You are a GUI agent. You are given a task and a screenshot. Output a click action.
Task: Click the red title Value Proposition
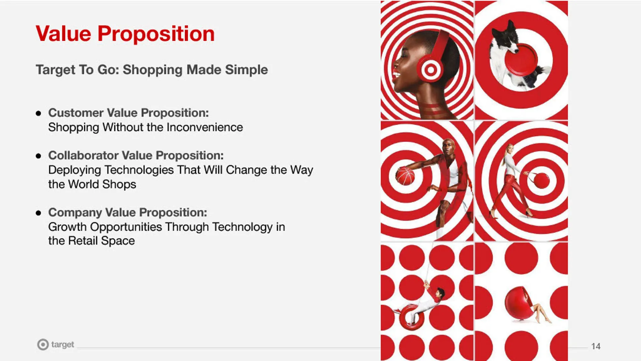(125, 34)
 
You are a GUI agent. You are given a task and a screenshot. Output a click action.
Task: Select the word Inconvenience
(205, 127)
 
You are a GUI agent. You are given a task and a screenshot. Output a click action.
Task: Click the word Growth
(67, 227)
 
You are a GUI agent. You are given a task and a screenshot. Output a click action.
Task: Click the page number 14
(596, 346)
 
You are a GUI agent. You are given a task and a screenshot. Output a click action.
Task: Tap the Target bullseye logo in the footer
(43, 344)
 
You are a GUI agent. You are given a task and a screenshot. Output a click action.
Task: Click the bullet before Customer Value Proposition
(38, 113)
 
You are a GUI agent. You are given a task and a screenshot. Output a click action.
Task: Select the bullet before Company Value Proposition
(38, 213)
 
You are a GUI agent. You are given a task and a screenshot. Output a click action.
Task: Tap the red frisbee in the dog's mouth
(521, 59)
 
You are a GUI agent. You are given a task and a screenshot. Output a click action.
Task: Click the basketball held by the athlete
(406, 176)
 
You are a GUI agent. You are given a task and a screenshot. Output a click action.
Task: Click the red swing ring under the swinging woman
(412, 317)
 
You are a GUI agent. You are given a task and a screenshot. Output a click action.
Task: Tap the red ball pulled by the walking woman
(542, 181)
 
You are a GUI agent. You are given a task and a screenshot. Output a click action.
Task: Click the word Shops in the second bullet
(119, 185)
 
